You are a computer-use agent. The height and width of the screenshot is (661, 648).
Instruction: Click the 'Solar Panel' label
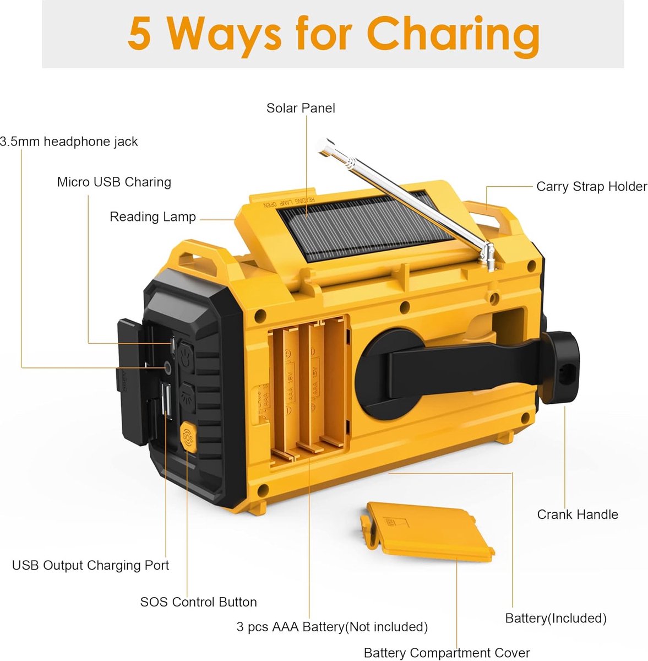[x=301, y=108]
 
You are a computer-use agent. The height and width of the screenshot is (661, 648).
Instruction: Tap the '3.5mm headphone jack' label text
[x=69, y=142]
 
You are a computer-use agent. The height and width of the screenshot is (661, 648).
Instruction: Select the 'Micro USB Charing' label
[x=114, y=182]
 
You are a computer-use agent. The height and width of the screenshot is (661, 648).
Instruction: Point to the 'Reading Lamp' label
[x=153, y=217]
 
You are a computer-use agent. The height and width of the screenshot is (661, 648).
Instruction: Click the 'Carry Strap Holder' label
[x=591, y=187]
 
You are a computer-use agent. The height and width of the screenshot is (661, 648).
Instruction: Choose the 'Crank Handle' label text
[x=578, y=514]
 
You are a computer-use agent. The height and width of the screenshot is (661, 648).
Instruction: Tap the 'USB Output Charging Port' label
[x=90, y=565]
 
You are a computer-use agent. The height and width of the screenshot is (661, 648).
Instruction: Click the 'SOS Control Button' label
[x=198, y=602]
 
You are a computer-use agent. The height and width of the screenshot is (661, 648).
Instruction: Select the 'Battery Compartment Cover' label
[x=446, y=653]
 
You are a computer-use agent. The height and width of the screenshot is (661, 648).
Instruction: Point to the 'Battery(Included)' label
[x=556, y=618]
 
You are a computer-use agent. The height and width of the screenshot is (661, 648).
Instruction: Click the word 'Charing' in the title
[x=453, y=36]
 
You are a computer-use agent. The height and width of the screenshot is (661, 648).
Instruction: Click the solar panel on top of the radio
[x=365, y=226]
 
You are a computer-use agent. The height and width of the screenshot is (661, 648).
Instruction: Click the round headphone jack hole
[x=168, y=367]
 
